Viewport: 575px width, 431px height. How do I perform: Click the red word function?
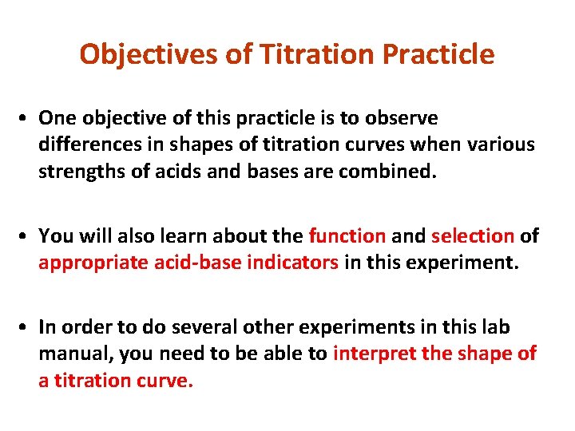[347, 236]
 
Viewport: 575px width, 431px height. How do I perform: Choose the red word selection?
[472, 236]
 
